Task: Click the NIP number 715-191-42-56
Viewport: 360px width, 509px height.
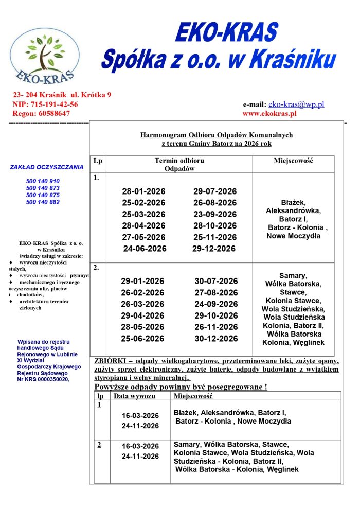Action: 54,104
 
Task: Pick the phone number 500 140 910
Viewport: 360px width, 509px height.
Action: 43,181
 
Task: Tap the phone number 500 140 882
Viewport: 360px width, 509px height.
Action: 43,202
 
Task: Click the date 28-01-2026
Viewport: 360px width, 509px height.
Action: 143,191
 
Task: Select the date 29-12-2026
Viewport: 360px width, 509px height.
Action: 214,249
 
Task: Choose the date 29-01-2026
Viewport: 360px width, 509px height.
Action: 142,281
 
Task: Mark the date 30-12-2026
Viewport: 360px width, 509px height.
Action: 216,339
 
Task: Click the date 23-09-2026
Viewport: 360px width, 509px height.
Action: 215,214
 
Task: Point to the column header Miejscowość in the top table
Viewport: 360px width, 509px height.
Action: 293,161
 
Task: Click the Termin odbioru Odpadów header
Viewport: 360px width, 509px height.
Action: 179,165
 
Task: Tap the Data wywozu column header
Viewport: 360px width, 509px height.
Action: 134,396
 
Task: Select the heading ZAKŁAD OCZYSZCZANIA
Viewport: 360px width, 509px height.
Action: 46,167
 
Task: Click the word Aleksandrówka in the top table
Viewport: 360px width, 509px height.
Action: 293,210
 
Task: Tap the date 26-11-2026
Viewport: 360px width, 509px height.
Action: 216,327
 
